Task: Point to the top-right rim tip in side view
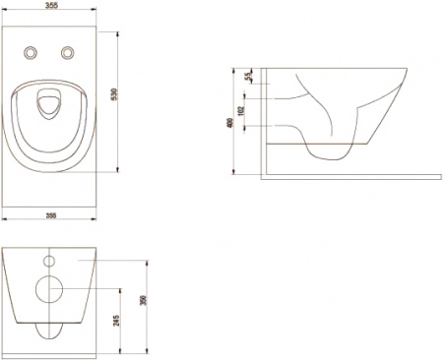tap(406, 71)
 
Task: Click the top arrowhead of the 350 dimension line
tap(149, 260)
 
